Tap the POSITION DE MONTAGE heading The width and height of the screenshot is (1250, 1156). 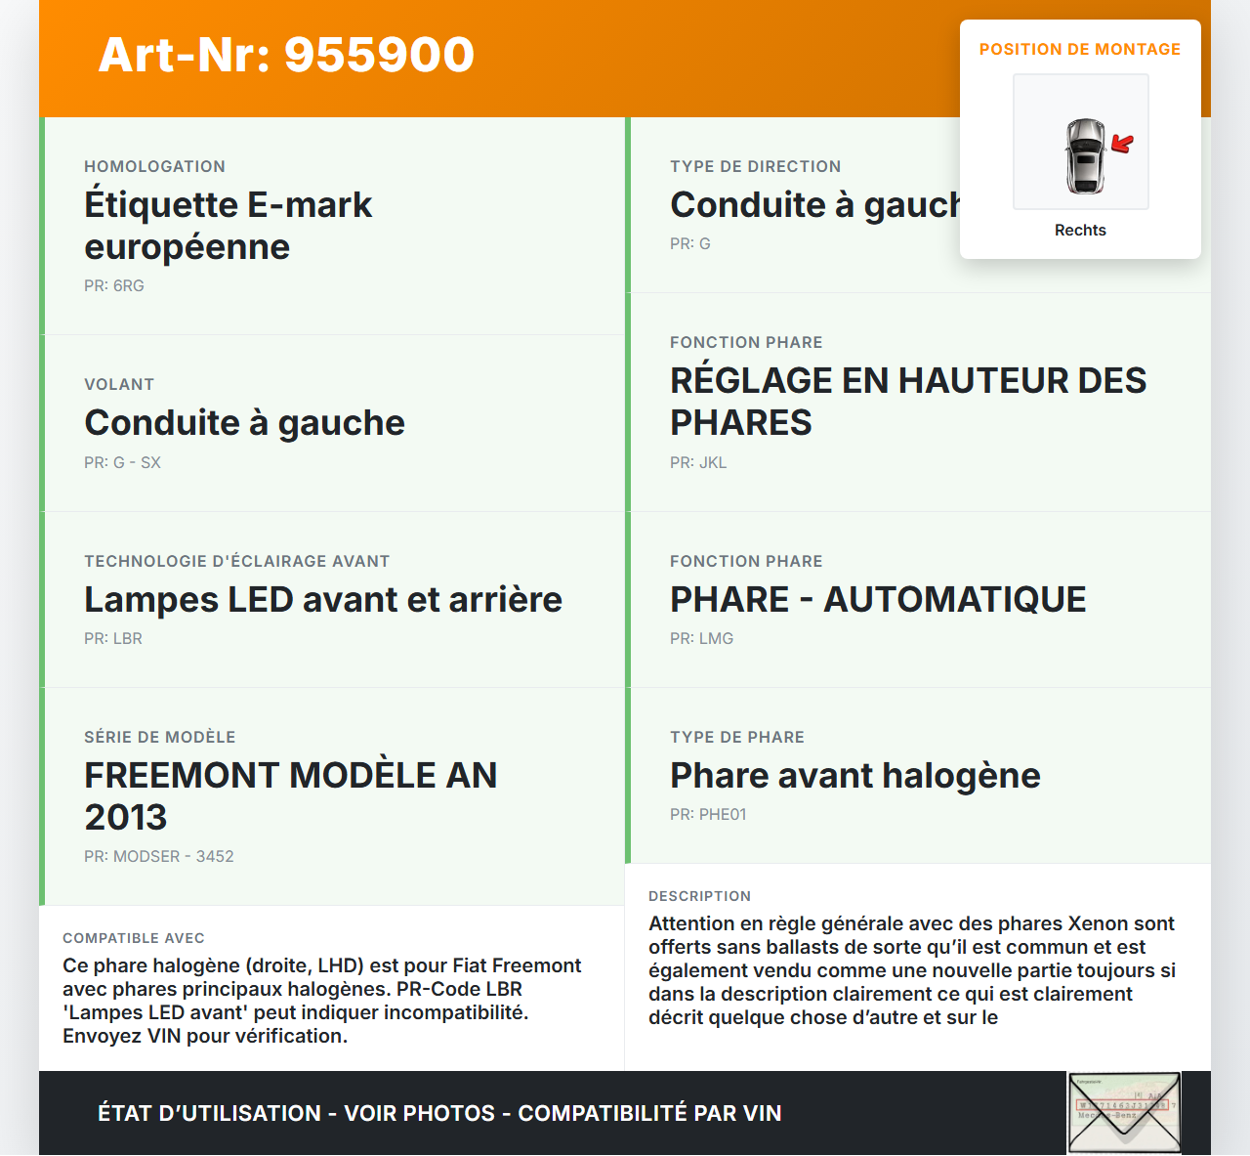pyautogui.click(x=1079, y=49)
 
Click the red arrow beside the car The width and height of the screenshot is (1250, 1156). pyautogui.click(x=1123, y=145)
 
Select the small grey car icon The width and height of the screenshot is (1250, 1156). pyautogui.click(x=1084, y=155)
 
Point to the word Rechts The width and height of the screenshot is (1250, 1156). pyautogui.click(x=1080, y=231)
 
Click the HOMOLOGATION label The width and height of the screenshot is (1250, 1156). pyautogui.click(x=154, y=167)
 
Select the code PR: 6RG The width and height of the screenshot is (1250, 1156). pyautogui.click(x=114, y=286)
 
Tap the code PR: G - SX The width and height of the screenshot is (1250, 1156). pyautogui.click(x=122, y=463)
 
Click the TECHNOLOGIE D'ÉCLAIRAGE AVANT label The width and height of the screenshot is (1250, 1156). pyautogui.click(x=236, y=562)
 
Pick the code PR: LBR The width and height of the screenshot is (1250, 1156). pyautogui.click(x=113, y=639)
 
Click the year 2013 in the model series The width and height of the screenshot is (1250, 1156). pyautogui.click(x=126, y=818)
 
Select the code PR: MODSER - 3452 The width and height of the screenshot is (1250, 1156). pyautogui.click(x=158, y=857)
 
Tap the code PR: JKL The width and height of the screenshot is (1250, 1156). pyautogui.click(x=698, y=463)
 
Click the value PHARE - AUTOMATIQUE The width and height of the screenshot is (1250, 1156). pyautogui.click(x=878, y=600)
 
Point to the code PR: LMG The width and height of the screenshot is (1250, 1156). pyautogui.click(x=701, y=639)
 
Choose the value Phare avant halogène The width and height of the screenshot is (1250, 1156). pyautogui.click(x=854, y=776)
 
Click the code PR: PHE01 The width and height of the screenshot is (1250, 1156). pyautogui.click(x=708, y=815)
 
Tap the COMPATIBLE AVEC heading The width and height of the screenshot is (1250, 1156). pyautogui.click(x=134, y=939)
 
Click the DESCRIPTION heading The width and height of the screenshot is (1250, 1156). pyautogui.click(x=699, y=897)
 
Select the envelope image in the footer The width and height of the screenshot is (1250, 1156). pyautogui.click(x=1124, y=1113)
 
